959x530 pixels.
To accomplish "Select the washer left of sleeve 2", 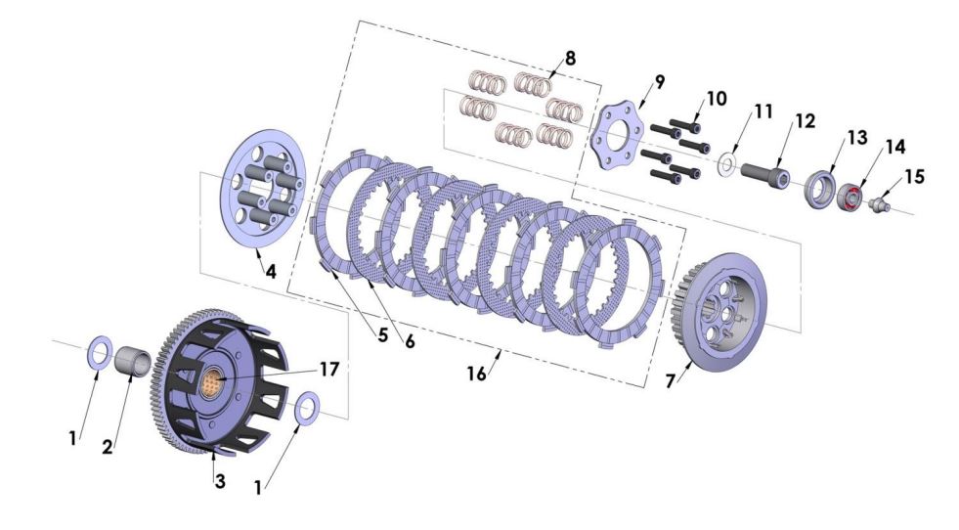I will [101, 351].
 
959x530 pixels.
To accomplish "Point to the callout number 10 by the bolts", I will [717, 99].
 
